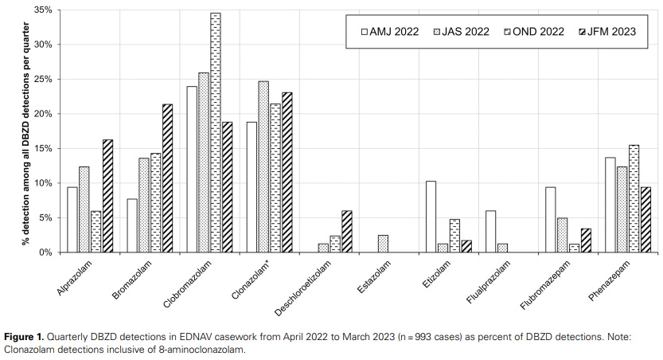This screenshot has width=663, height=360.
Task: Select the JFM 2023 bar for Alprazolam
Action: click(107, 196)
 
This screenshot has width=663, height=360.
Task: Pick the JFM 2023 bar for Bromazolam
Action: click(167, 178)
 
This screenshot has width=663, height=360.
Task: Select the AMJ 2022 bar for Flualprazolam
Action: click(491, 232)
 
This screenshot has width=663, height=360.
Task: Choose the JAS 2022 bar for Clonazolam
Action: click(263, 166)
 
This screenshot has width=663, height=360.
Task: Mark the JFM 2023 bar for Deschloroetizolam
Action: click(346, 232)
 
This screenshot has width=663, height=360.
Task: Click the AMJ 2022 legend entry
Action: click(390, 32)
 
